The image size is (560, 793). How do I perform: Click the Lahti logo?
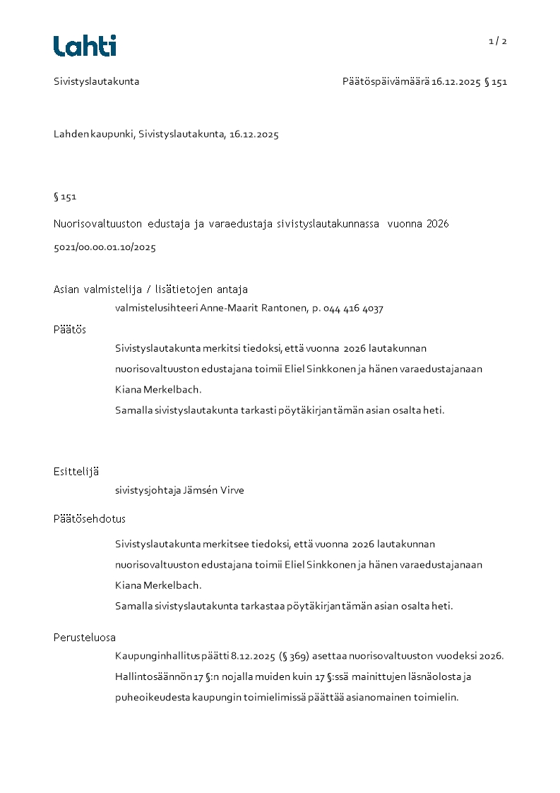click(x=85, y=46)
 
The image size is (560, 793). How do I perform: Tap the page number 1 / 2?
click(x=498, y=41)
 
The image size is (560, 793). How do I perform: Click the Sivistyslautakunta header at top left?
click(x=97, y=81)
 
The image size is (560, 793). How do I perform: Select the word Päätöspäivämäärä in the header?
click(x=386, y=81)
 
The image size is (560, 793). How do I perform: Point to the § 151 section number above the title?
click(x=65, y=196)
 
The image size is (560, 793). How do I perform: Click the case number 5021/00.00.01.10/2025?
click(x=105, y=247)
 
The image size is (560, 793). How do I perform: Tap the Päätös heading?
click(x=70, y=329)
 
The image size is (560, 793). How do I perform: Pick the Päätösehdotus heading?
click(x=90, y=518)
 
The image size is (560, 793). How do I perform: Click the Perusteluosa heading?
click(x=85, y=637)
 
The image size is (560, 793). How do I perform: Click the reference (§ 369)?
click(x=294, y=656)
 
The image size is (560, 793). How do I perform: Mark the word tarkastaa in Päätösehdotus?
click(x=263, y=606)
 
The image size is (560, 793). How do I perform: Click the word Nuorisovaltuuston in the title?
click(x=97, y=224)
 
